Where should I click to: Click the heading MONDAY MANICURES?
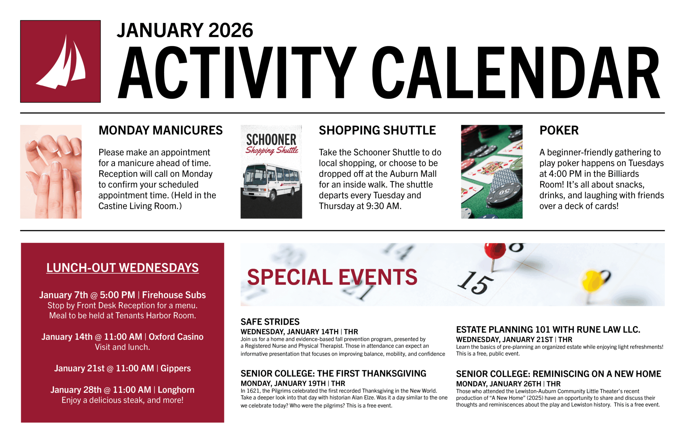(x=161, y=130)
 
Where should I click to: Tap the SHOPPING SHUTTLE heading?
(x=377, y=130)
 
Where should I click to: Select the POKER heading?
(x=559, y=130)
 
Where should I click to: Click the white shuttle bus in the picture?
(x=271, y=181)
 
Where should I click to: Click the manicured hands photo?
(x=51, y=172)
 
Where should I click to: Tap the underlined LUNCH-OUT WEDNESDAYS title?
(x=122, y=268)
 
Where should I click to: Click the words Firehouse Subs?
(x=174, y=295)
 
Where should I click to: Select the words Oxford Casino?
(x=176, y=337)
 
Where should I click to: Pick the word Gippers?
(x=176, y=368)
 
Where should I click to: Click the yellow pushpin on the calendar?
(x=592, y=281)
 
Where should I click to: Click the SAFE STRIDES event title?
(x=270, y=322)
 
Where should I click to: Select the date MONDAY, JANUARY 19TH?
(x=283, y=383)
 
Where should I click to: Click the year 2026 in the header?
(x=231, y=30)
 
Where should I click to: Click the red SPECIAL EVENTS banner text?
(x=332, y=277)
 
